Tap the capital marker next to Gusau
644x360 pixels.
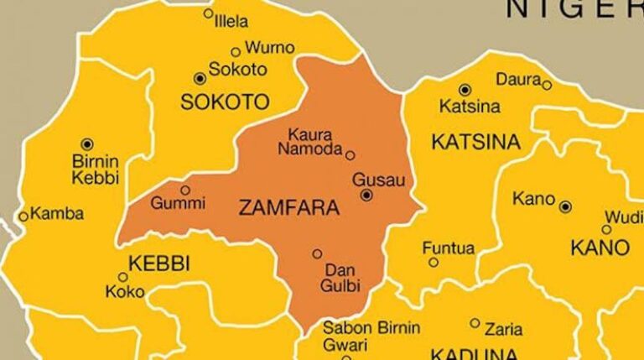[366, 196]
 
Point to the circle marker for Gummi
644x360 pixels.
[185, 190]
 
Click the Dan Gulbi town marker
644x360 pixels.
[317, 253]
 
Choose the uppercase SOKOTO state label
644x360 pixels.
[225, 102]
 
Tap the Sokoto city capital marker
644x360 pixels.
[200, 78]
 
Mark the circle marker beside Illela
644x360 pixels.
[208, 13]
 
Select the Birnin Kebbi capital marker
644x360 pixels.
[86, 144]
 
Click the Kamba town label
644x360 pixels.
[56, 214]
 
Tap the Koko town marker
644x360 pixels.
[122, 277]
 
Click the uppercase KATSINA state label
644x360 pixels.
[475, 143]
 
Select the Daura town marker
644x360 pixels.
[547, 85]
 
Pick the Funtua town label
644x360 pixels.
[448, 248]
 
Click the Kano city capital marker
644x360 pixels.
[566, 206]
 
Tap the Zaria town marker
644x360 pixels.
[475, 322]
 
